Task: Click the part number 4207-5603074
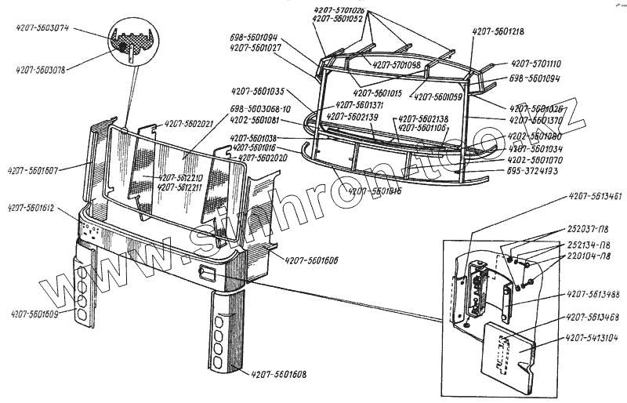(43, 28)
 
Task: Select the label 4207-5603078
(40, 70)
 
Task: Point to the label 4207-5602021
(189, 124)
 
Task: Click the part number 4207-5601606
(312, 260)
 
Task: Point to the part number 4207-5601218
(498, 31)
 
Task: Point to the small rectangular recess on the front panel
(208, 274)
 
